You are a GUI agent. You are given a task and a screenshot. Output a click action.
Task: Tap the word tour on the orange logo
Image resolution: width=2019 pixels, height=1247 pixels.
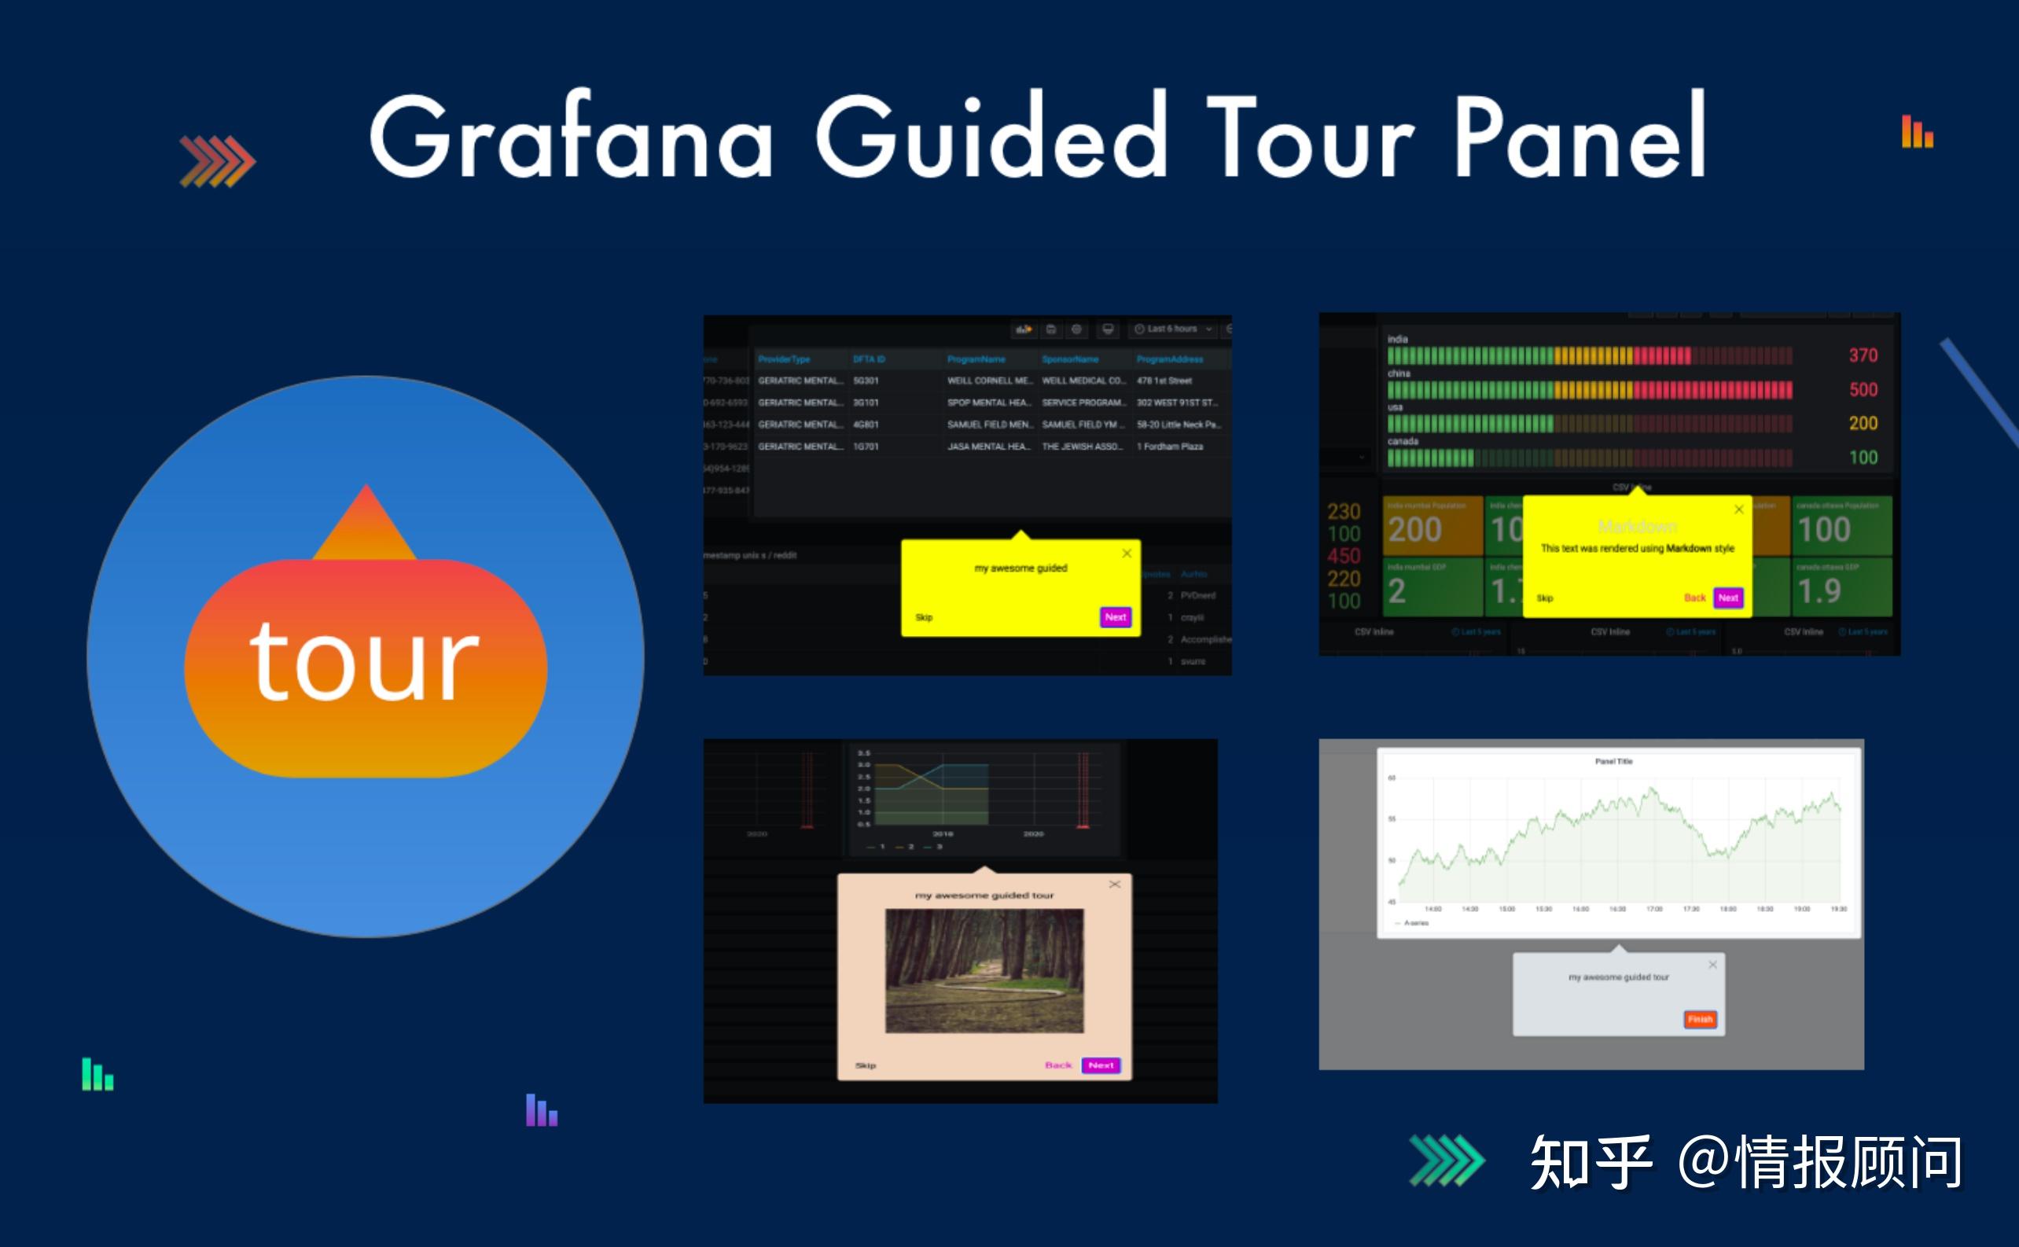point(364,661)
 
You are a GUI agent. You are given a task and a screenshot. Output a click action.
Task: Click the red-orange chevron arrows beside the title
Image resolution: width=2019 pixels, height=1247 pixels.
point(218,161)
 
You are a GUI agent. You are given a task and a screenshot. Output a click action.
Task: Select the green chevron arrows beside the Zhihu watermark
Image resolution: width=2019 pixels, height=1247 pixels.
point(1447,1160)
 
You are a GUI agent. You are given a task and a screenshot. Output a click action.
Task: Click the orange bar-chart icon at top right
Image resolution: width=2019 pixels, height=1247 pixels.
point(1917,132)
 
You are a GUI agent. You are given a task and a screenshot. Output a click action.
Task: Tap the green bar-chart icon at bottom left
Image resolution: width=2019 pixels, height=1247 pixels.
point(97,1074)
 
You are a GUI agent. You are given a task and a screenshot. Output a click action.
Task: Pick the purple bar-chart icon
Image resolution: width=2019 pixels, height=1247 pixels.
point(541,1110)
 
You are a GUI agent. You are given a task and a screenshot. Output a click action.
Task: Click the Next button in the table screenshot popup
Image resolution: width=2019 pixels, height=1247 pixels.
point(1115,617)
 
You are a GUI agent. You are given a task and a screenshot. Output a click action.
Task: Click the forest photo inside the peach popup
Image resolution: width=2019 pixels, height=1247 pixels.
point(984,970)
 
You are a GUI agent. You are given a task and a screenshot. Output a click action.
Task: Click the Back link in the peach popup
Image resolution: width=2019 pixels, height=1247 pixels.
point(1057,1065)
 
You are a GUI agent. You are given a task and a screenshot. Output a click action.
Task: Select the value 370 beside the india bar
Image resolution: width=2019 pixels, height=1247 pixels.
point(1863,355)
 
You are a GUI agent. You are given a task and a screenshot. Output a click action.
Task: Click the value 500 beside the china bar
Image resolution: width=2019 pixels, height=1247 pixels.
point(1863,389)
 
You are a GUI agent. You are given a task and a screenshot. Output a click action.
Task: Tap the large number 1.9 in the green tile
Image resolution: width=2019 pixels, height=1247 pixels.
point(1819,591)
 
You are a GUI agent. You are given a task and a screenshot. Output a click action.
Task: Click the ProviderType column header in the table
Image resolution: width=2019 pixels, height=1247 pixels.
point(784,359)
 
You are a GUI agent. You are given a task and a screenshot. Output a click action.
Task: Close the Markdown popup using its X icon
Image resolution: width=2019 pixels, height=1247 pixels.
point(1738,509)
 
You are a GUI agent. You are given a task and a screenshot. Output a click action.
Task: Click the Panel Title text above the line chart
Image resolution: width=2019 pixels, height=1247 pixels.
point(1613,761)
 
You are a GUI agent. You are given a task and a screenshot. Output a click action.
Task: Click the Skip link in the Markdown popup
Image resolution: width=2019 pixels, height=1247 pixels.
point(1545,598)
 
